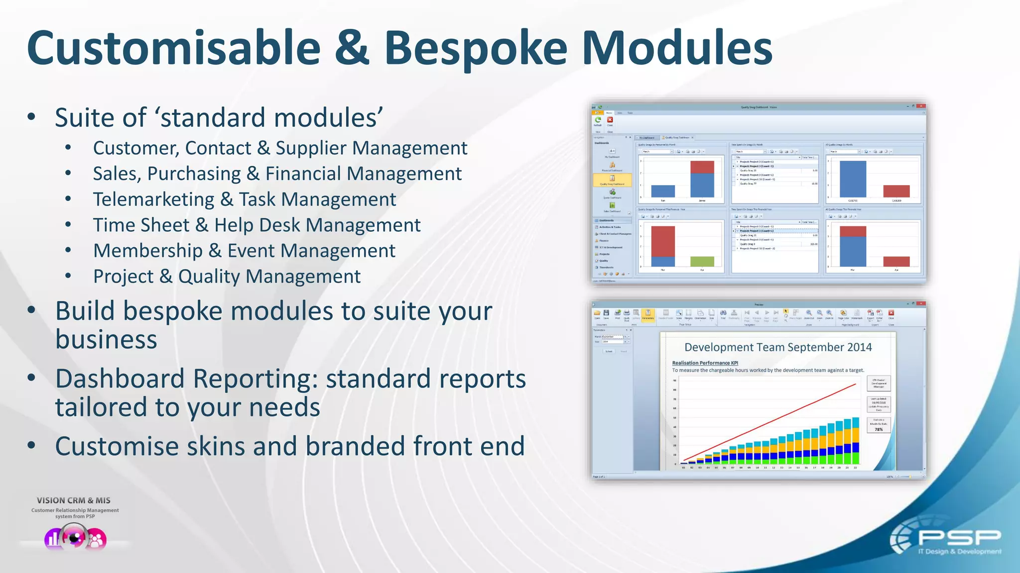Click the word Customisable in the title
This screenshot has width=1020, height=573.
click(173, 48)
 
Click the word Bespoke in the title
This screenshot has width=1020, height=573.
click(475, 48)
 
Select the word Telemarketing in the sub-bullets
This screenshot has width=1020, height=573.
click(153, 199)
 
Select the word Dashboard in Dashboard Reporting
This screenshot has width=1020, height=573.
click(120, 379)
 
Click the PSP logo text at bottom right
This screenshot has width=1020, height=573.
click(959, 538)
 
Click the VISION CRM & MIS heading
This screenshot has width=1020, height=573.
click(74, 500)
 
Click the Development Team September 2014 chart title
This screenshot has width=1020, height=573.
click(777, 347)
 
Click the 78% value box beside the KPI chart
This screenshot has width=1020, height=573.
click(879, 429)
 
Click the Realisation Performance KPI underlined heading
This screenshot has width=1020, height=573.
click(705, 363)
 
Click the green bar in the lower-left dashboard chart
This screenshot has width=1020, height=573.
click(702, 261)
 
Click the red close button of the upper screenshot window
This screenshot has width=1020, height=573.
click(921, 106)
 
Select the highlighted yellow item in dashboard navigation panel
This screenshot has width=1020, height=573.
click(612, 180)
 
